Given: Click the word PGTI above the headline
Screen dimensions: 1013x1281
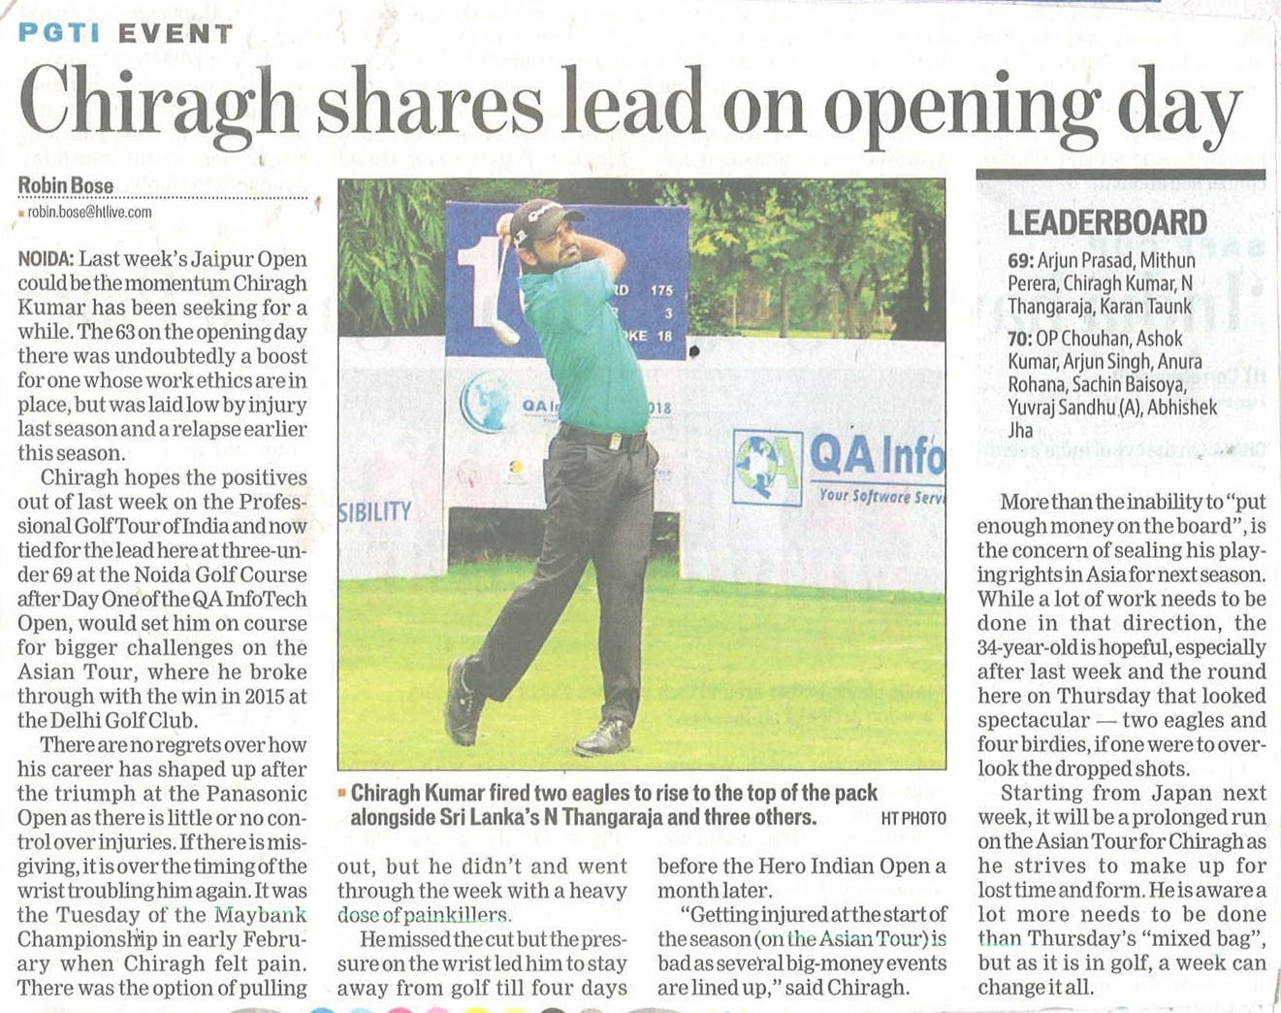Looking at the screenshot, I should tap(59, 33).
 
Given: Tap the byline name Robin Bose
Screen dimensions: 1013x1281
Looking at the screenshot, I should tap(66, 185).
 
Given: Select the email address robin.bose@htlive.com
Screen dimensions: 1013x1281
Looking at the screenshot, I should tap(89, 212).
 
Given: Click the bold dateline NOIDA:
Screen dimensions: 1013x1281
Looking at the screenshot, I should tap(46, 259).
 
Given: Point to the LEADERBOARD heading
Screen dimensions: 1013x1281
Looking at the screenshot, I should tap(1106, 223).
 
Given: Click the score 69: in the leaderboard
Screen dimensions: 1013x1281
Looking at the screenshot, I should tap(1020, 260).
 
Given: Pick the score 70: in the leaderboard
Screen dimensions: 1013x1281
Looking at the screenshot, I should tap(1020, 339).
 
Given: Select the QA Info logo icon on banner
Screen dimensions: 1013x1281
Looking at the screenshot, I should tap(767, 467).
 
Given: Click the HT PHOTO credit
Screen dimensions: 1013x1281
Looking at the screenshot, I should tap(913, 819).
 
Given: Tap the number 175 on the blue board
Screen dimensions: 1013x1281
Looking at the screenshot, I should tap(661, 289).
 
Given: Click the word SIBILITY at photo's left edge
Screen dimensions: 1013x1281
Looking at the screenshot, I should tap(375, 511).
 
